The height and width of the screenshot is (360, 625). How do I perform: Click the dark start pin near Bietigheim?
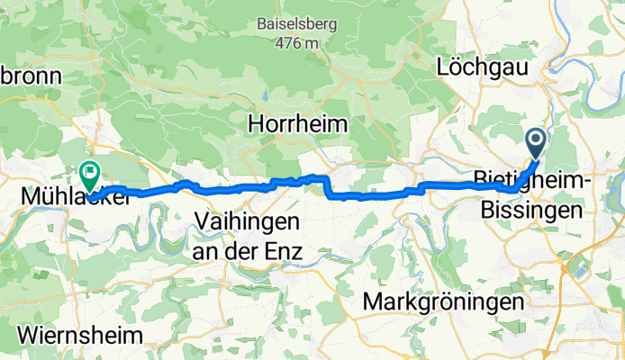coord(535,140)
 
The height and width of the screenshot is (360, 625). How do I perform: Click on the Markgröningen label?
coord(443,301)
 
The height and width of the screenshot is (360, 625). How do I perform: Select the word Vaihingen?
coord(248,221)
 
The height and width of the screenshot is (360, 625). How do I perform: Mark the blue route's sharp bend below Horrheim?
coord(326,185)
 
